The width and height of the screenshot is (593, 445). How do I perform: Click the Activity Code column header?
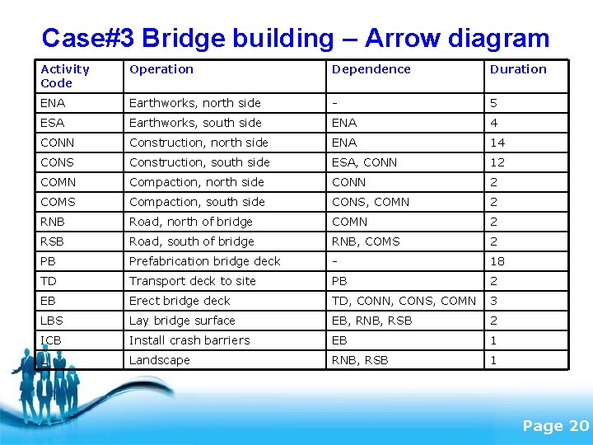click(65, 76)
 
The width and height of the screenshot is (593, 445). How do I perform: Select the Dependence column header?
click(371, 69)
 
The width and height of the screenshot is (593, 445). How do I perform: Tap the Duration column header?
click(518, 69)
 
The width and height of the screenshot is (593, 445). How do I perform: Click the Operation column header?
click(161, 69)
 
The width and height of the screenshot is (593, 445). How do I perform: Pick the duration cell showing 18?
click(497, 261)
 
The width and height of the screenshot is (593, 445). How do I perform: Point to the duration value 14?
click(497, 143)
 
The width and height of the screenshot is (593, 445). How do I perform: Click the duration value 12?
click(497, 162)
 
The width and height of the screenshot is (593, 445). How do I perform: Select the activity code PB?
click(49, 261)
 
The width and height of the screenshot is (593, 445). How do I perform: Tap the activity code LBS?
click(52, 321)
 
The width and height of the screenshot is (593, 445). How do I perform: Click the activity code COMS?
click(58, 202)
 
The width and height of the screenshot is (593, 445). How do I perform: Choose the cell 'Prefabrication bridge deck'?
click(205, 261)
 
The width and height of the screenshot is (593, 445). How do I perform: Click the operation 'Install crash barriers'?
click(189, 340)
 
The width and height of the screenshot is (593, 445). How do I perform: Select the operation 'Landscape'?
click(160, 360)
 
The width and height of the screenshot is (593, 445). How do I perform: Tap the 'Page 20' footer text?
click(556, 425)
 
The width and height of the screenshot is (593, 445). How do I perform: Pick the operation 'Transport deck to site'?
click(193, 281)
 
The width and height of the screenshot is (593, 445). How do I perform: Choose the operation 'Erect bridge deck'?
click(180, 301)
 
